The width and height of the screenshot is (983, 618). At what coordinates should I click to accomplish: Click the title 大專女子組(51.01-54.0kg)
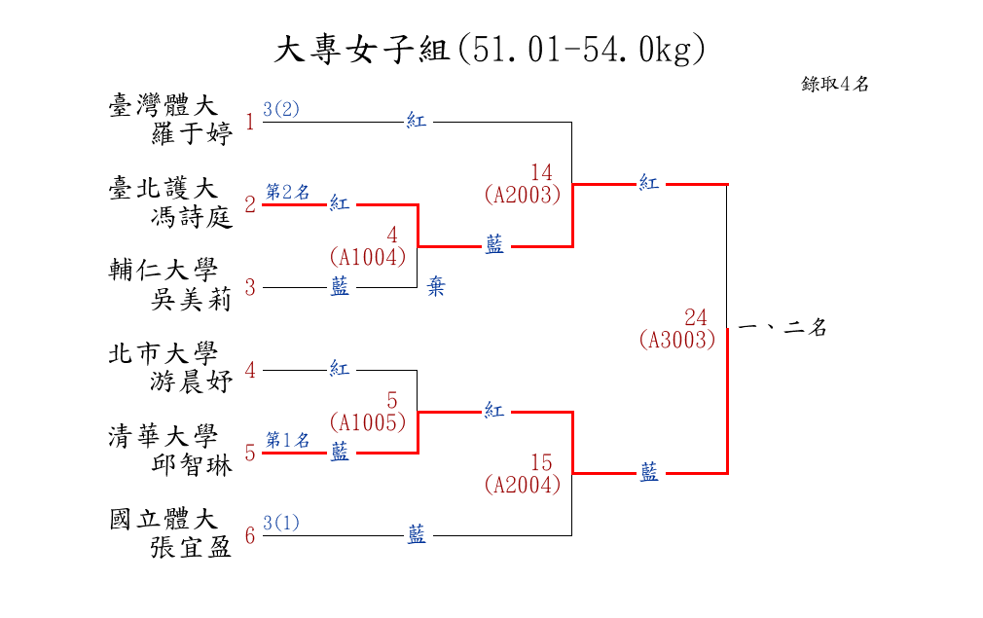tap(491, 50)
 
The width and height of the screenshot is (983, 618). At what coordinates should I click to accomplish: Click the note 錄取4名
tap(835, 84)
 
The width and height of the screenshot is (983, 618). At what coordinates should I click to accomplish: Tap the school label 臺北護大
tap(164, 189)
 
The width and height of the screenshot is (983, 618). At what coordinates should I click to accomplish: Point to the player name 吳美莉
tap(192, 300)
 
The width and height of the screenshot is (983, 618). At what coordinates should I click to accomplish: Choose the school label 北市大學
tap(164, 354)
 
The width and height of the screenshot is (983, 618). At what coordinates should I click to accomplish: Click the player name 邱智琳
tap(192, 465)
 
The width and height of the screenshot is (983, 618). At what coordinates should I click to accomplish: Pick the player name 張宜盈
tap(192, 547)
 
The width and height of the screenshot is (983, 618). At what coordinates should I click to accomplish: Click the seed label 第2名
tap(288, 192)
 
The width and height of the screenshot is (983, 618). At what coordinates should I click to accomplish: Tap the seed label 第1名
tap(288, 440)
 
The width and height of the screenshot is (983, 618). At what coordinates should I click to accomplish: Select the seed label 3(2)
tap(281, 109)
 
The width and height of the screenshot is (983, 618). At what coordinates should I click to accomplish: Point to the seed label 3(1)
tap(281, 523)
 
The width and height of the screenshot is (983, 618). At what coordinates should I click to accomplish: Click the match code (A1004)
tap(367, 257)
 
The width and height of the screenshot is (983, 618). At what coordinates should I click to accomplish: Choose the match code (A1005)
tap(367, 422)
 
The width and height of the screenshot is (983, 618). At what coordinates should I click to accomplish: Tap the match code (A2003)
tap(523, 195)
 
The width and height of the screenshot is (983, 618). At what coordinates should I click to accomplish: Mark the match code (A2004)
tap(523, 484)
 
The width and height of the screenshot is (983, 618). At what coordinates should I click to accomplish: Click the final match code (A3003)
tap(677, 340)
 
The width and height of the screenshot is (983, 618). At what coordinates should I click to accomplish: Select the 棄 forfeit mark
tap(437, 288)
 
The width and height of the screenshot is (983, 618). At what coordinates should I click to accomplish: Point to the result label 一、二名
tap(783, 328)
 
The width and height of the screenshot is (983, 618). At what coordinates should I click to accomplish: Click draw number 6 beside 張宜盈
tap(250, 535)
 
